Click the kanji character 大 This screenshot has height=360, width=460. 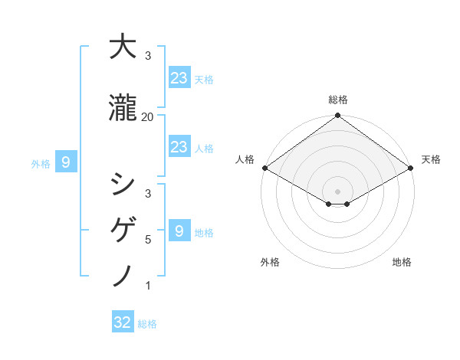[123, 48]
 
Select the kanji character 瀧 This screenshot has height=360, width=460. [123, 109]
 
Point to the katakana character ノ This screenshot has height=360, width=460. [123, 274]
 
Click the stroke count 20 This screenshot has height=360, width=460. [147, 117]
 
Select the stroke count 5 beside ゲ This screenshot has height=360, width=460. [147, 240]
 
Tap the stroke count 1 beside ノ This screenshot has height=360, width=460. [147, 286]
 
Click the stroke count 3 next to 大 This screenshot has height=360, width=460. [147, 56]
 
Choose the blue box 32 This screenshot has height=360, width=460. [123, 322]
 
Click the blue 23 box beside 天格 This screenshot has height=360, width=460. [179, 77]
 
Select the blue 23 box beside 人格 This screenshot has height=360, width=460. [179, 146]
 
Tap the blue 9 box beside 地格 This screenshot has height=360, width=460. [179, 231]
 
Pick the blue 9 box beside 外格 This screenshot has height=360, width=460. [66, 162]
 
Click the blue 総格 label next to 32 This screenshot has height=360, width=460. [147, 324]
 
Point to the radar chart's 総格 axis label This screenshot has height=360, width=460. [337, 100]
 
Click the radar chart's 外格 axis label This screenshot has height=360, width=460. [270, 263]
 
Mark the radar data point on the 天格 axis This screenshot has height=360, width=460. [411, 168]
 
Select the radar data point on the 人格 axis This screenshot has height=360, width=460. [264, 168]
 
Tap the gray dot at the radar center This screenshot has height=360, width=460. [337, 191]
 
